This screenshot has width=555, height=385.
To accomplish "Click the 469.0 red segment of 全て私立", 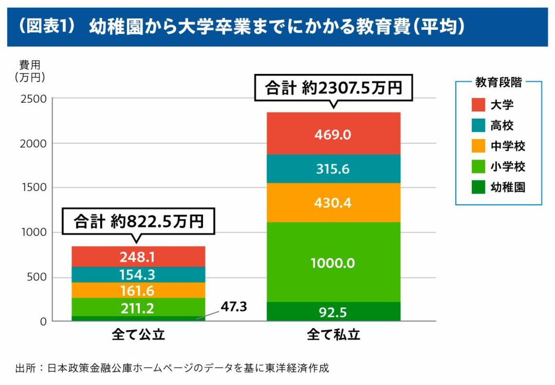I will coord(333,134).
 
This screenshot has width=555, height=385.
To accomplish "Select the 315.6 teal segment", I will coord(333,169).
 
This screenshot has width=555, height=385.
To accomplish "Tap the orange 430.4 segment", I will coord(333,202).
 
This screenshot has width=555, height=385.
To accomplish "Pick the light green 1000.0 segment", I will coord(333,263).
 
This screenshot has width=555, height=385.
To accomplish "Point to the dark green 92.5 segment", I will coord(333,312).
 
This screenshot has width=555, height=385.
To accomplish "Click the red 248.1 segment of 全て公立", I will coord(138,257).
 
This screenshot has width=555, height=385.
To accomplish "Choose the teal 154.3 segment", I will coord(138,275).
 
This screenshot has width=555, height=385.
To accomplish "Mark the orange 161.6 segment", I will coord(138,291).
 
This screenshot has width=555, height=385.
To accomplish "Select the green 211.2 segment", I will coord(138,308).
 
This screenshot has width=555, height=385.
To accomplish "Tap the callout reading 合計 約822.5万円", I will coord(138,221).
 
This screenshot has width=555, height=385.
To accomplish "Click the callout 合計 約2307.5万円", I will coord(333,88).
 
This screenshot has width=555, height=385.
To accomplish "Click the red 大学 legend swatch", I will coord(478,105).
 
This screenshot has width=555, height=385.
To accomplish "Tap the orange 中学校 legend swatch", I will coord(478,146).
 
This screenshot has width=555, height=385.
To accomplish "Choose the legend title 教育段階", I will coord(498,82).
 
